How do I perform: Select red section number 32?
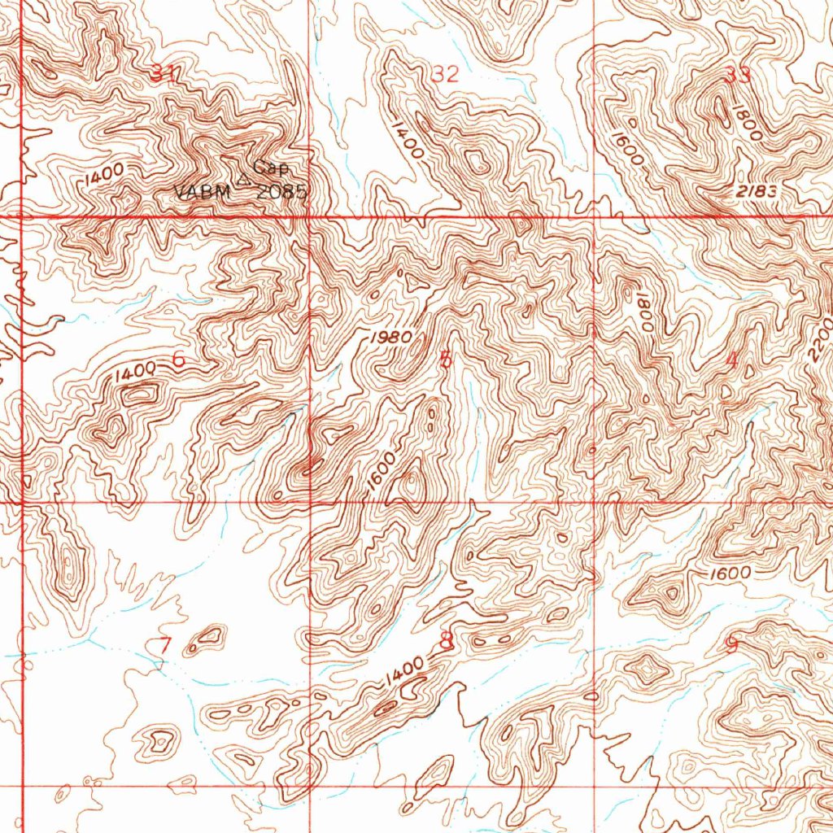point(446,75)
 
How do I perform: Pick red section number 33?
point(739,76)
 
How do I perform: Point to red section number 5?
point(444,360)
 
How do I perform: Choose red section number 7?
point(165,646)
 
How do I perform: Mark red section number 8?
point(446,641)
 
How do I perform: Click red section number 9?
point(731,645)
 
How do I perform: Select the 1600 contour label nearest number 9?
point(729,574)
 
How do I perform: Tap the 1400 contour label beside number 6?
point(134,373)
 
